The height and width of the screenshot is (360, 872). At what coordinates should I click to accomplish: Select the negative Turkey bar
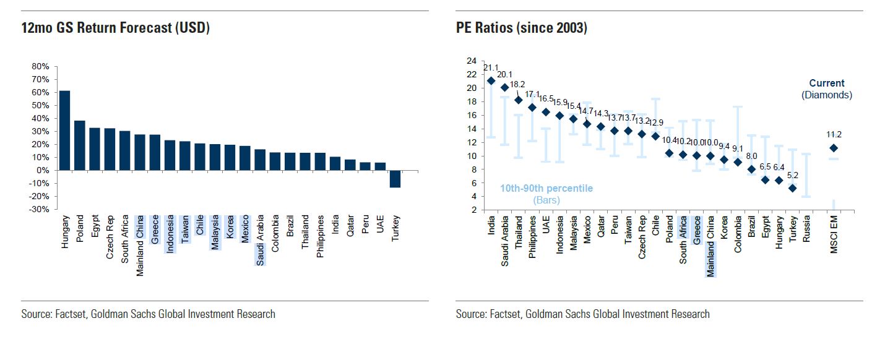395,179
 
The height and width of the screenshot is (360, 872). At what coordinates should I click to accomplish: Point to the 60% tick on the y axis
40,92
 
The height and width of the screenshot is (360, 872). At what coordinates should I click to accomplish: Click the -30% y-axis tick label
38,210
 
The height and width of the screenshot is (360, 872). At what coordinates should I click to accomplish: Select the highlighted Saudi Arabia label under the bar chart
261,240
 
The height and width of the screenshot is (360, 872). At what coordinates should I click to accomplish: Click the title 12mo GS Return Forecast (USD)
116,28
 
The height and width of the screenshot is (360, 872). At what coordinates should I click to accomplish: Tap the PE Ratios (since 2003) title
521,28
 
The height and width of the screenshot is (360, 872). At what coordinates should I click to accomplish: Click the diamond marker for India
491,80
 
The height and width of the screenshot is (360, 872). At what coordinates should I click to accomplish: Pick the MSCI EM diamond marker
834,148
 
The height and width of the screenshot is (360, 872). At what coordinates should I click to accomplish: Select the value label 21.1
491,68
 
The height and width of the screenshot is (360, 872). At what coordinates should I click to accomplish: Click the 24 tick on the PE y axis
472,61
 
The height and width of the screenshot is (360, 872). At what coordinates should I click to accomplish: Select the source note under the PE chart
582,314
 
